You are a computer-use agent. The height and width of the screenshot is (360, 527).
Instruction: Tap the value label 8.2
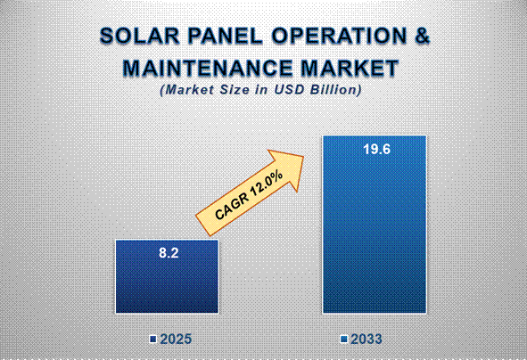click(168, 253)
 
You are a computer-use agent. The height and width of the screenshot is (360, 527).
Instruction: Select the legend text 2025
click(176, 340)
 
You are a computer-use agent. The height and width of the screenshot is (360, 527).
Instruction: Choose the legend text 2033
click(368, 340)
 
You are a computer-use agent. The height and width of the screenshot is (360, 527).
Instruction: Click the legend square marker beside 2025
click(153, 340)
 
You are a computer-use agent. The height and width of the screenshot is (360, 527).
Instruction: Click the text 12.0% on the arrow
click(267, 183)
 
